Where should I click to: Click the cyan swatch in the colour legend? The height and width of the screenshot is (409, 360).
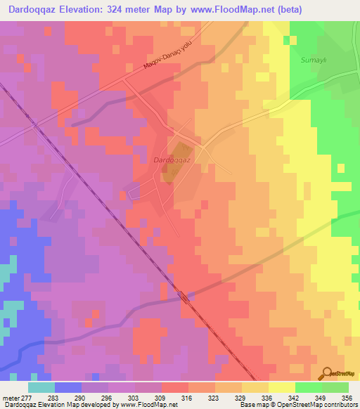coord(41,387)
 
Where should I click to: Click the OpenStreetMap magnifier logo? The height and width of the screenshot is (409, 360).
coord(326,375)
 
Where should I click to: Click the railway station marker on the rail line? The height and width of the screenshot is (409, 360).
coord(185,297)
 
